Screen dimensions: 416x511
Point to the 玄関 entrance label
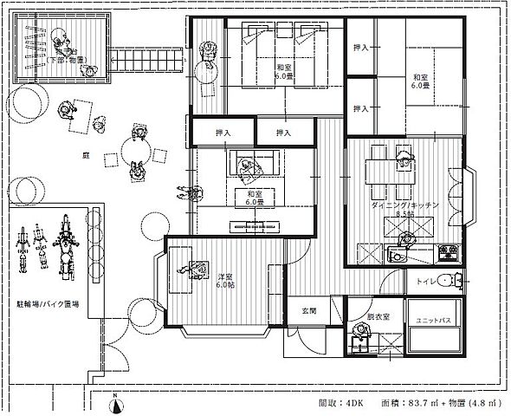[x=308, y=309]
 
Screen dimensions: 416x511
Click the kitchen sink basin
[x=401, y=254]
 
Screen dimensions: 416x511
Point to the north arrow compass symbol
[x=117, y=401]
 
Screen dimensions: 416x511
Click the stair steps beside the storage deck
[x=146, y=60]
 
